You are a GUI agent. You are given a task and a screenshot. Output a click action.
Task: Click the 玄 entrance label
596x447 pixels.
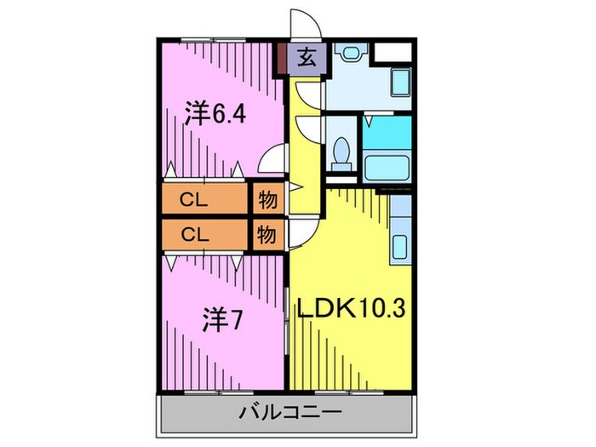pyautogui.click(x=307, y=59)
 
